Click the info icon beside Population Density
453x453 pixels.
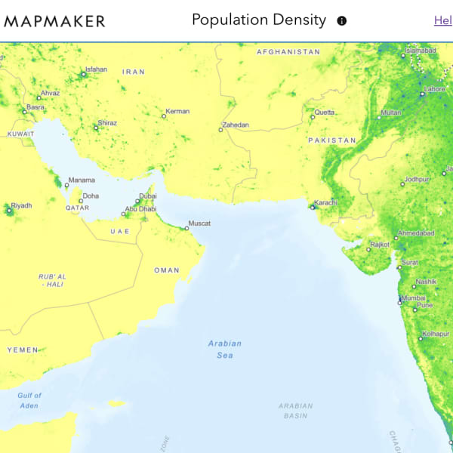tap(341, 21)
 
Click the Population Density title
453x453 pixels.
tap(259, 20)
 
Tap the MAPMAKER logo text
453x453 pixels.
tap(54, 21)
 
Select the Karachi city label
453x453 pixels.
tap(325, 202)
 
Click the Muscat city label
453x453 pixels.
tap(199, 223)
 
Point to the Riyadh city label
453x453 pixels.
tap(21, 205)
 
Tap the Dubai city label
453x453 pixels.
tap(148, 196)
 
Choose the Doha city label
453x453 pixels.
tap(91, 196)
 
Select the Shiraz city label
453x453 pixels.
tap(107, 123)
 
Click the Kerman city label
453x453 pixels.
tap(177, 112)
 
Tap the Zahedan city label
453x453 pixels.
tap(235, 125)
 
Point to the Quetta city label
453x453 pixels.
tap(325, 112)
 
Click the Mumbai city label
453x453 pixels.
tap(414, 297)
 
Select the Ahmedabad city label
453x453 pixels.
tap(416, 233)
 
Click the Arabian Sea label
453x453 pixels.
tap(225, 349)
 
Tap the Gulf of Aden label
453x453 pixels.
tap(29, 400)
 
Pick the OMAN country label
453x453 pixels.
tap(167, 270)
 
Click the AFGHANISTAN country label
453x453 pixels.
tap(288, 52)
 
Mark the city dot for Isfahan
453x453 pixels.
tap(83, 74)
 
